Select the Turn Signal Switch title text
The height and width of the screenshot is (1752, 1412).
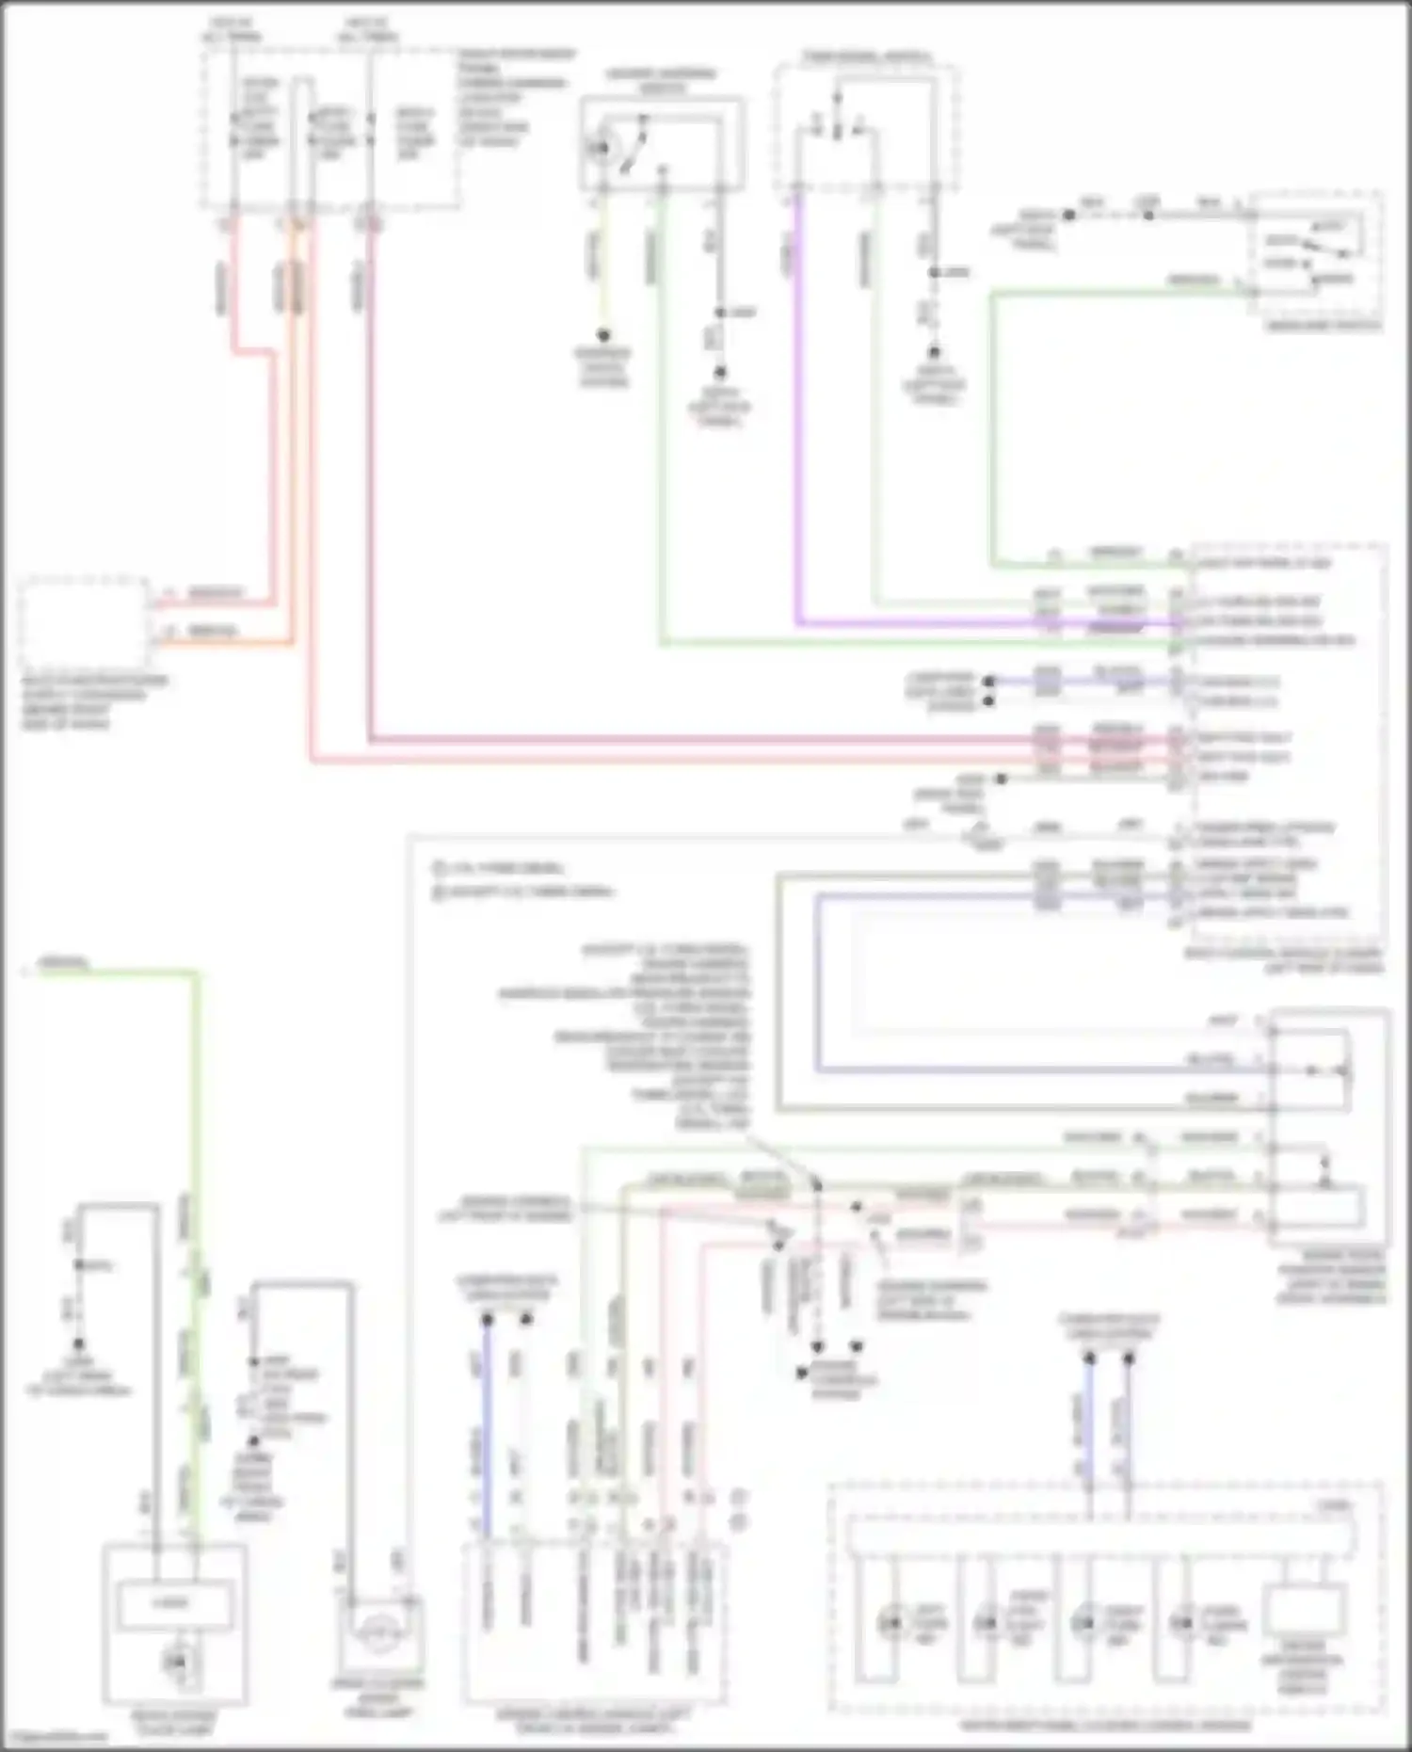point(867,57)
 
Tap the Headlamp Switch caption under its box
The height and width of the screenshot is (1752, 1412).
point(1324,326)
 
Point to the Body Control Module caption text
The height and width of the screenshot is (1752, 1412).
point(1284,960)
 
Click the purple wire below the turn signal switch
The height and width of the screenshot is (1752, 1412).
point(798,424)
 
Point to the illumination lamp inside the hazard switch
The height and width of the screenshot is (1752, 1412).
point(599,148)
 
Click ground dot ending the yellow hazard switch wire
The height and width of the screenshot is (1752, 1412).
point(603,335)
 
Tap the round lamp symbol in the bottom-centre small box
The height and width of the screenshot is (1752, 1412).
point(380,1634)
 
